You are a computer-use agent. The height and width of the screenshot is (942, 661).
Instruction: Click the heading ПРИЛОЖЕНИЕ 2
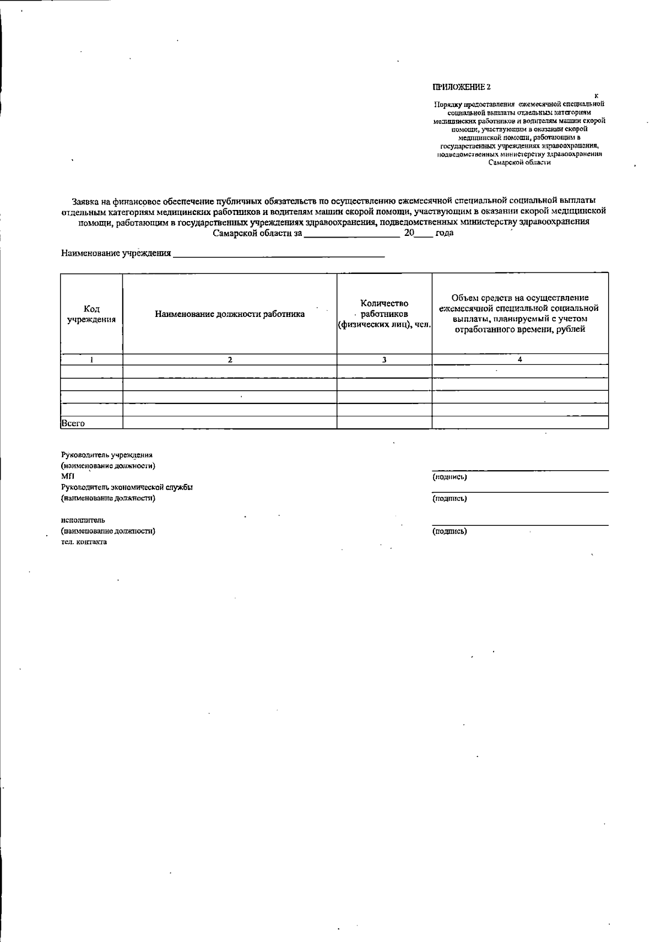[461, 87]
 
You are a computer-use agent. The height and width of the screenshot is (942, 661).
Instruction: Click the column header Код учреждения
[91, 314]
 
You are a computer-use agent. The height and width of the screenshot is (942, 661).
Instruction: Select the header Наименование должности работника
[230, 314]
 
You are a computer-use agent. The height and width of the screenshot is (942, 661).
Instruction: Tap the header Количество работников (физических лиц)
[384, 314]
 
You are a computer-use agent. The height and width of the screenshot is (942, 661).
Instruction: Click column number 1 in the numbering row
[91, 359]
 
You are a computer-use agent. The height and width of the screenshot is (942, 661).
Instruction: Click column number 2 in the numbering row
[230, 359]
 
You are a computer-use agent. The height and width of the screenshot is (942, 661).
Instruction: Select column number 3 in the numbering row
[384, 359]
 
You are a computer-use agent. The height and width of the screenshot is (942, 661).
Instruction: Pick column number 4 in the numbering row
[520, 359]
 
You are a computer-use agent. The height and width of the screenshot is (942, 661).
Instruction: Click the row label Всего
[73, 423]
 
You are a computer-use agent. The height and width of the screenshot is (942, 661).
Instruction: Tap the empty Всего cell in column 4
[520, 423]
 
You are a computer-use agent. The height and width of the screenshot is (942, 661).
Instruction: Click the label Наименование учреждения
[116, 254]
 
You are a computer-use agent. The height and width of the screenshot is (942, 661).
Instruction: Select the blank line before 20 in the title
[351, 234]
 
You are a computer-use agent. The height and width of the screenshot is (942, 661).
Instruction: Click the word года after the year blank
[444, 233]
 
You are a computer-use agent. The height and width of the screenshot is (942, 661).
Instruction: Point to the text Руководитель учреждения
[106, 455]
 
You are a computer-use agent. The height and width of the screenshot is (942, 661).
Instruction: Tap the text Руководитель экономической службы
[126, 487]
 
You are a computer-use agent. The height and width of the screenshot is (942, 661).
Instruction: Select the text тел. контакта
[84, 542]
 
